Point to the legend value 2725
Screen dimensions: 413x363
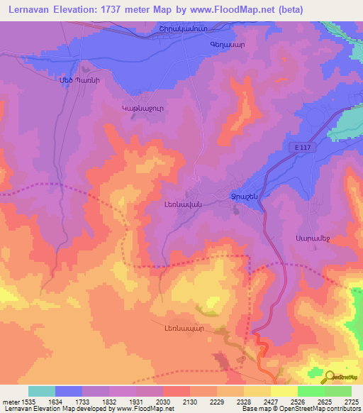(350, 402)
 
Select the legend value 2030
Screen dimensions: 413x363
(163, 402)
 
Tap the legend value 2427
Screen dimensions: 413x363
(269, 402)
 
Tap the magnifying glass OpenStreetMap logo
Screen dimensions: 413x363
(330, 377)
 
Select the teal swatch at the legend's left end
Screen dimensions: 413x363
(42, 391)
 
